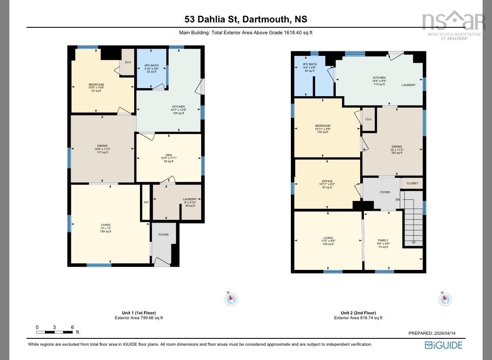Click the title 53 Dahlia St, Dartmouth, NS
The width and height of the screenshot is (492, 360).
tap(246, 19)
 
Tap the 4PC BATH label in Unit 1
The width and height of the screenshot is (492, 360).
tap(151, 65)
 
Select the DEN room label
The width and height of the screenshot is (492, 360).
tap(168, 155)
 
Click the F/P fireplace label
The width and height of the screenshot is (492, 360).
tap(146, 203)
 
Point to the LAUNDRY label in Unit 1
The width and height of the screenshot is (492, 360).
tap(190, 199)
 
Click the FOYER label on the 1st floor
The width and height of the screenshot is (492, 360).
tap(164, 235)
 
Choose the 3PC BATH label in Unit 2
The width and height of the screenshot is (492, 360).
tap(309, 64)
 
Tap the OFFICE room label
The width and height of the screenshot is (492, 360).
tap(327, 181)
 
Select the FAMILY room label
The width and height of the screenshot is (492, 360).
tap(383, 241)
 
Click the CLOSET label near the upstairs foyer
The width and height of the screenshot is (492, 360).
tap(412, 183)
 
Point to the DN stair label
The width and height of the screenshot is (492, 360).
tap(397, 200)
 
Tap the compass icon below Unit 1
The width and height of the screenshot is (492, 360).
tap(231, 299)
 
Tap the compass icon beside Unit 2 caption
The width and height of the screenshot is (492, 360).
tap(445, 299)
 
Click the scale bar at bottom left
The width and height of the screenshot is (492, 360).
tap(54, 332)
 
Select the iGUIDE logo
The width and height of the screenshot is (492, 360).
tap(443, 345)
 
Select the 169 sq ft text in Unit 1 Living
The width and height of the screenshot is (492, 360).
tap(106, 232)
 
